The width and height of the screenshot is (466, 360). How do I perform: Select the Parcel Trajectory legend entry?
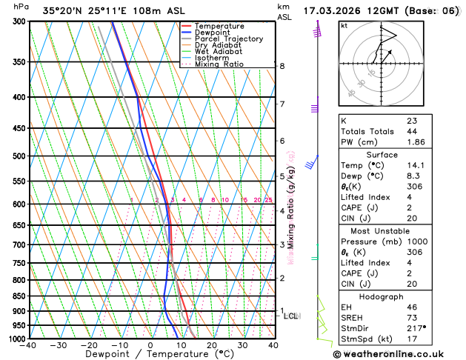pos(228,39)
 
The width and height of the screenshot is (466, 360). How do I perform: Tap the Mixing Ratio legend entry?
pos(219,64)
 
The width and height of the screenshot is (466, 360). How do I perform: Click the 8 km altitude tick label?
pos(282,66)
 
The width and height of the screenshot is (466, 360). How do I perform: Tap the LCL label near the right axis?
pos(291,316)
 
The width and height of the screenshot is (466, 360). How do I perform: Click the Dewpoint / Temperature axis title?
pos(151,354)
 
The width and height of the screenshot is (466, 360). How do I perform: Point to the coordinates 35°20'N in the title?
pos(64,10)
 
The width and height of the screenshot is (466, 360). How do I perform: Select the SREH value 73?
pos(412,318)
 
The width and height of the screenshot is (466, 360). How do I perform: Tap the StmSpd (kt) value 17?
pos(412,339)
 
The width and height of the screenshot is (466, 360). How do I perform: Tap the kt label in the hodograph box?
pos(344,26)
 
